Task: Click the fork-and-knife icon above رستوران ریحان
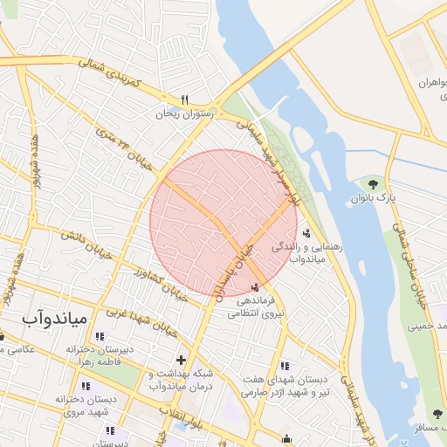pyautogui.click(x=184, y=100)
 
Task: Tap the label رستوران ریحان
pyautogui.click(x=184, y=113)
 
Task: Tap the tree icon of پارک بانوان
pyautogui.click(x=374, y=184)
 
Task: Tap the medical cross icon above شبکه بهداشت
pyautogui.click(x=181, y=359)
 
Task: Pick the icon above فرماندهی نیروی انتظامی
pyautogui.click(x=255, y=287)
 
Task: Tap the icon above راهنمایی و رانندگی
pyautogui.click(x=306, y=233)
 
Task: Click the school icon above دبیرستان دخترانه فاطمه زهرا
pyautogui.click(x=99, y=336)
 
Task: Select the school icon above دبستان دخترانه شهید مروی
pyautogui.click(x=85, y=385)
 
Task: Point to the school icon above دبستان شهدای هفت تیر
pyautogui.click(x=283, y=367)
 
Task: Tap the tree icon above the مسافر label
pyautogui.click(x=437, y=414)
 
